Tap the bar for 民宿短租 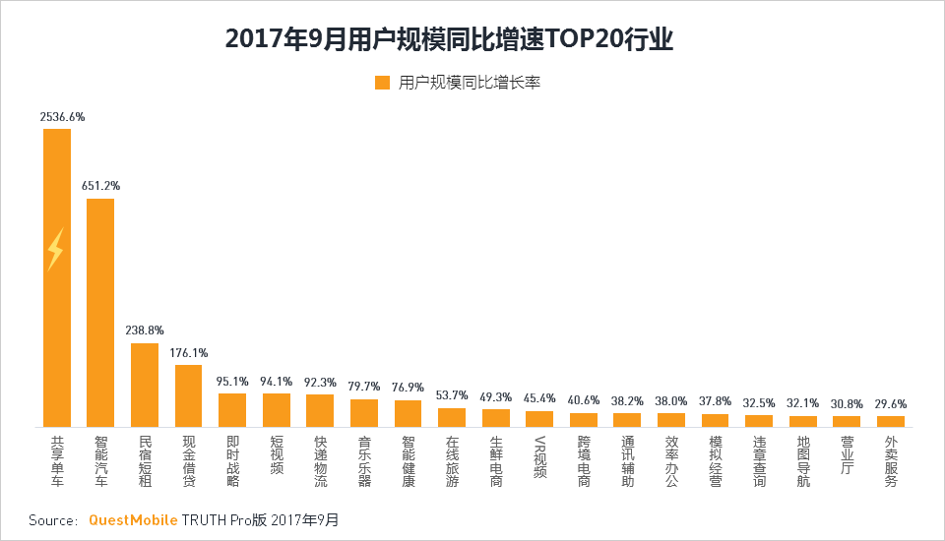pos(145,385)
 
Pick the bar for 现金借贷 pos(188,395)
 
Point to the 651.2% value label pos(102,186)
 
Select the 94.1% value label pos(277,381)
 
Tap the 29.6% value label pos(891,403)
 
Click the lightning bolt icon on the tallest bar pos(55,251)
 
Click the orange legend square pos(383,83)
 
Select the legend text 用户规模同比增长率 pos(470,84)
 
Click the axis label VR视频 pos(539,457)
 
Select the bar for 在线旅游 pos(452,417)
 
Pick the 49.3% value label pos(496,397)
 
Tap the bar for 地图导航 pos(803,421)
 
